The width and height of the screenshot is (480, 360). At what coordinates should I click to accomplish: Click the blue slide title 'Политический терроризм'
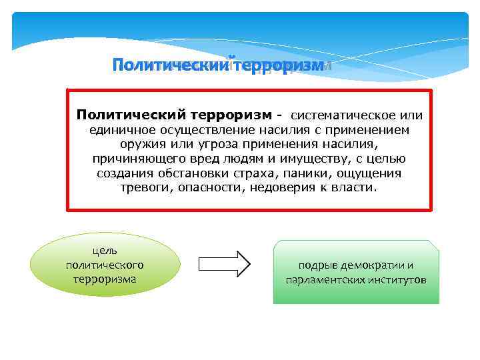click(217, 65)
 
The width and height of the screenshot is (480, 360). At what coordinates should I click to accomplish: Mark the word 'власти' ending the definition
click(358, 188)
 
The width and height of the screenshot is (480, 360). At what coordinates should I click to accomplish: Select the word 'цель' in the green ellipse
click(105, 250)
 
